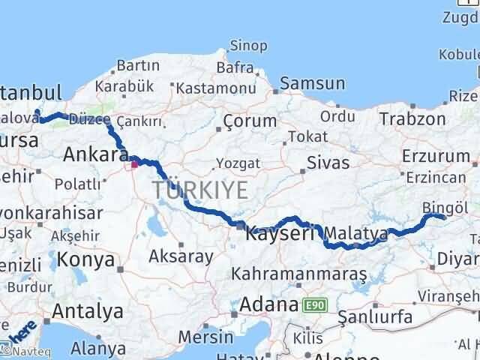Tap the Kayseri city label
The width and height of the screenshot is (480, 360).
tap(280, 233)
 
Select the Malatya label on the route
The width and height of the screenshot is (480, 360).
tap(356, 233)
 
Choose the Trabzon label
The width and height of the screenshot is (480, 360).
tap(412, 118)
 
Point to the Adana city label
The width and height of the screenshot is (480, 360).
tap(269, 304)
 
